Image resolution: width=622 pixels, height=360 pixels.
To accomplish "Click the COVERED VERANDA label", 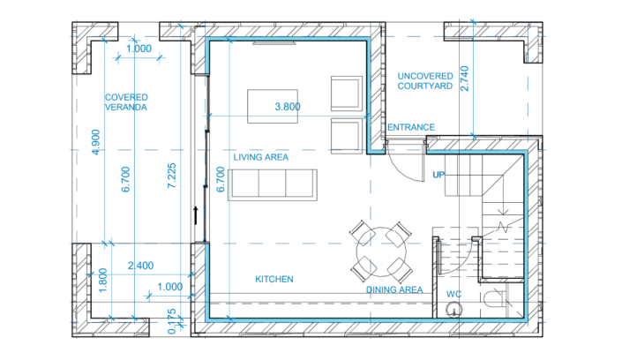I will point(125,101).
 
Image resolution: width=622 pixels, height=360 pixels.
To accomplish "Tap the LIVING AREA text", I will point(261,157).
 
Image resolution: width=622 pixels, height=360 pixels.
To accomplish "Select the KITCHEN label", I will point(274,279).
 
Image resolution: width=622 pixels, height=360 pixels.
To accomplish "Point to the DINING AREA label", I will point(393,289).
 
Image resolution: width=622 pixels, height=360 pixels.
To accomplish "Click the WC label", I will point(453,293).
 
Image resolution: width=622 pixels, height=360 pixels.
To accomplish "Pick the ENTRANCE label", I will point(411,128).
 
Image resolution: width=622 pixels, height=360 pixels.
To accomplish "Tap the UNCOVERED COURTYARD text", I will point(424,82).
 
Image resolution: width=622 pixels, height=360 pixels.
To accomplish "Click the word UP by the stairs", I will point(438,175).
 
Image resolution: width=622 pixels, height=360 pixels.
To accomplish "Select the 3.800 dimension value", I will point(289,107).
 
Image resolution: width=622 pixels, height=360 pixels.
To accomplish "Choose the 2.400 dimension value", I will point(141,266).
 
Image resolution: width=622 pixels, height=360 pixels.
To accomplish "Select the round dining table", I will point(381,251).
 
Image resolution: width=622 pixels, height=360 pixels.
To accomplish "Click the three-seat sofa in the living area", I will point(273,184).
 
